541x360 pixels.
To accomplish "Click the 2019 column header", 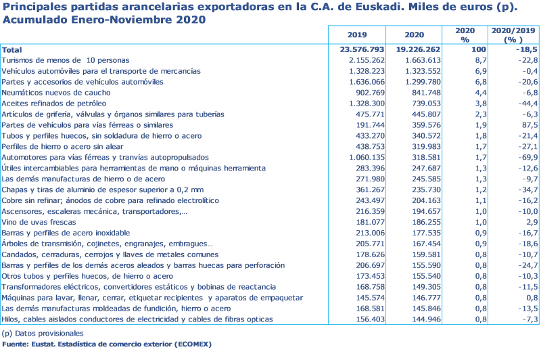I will pyautogui.click(x=356, y=35).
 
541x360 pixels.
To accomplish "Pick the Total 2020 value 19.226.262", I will pyautogui.click(x=419, y=49).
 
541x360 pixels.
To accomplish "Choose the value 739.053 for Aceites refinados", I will pyautogui.click(x=424, y=103).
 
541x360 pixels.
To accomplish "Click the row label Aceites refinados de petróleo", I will pyautogui.click(x=54, y=103).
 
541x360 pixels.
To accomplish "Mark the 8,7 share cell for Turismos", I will pyautogui.click(x=463, y=60).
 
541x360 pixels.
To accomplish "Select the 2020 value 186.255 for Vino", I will pyautogui.click(x=424, y=222).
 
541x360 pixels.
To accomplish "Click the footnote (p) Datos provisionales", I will pyautogui.click(x=42, y=334).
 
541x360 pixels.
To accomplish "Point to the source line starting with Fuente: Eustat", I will pyautogui.click(x=107, y=344).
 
